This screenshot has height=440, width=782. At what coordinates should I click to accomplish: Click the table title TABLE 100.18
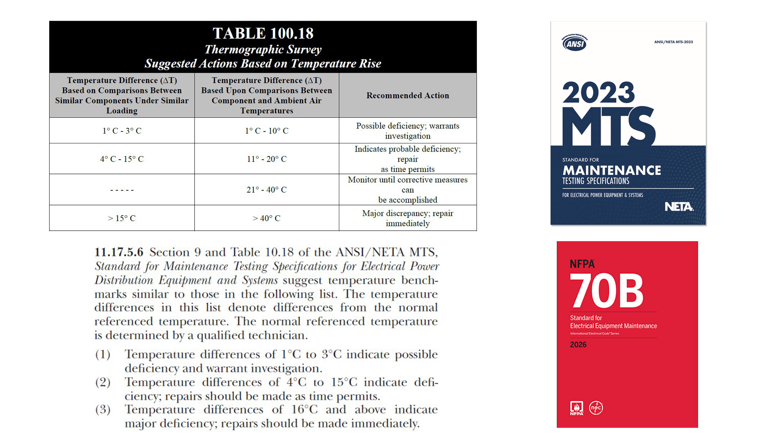coord(263,33)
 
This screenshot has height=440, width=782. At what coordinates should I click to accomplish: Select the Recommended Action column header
coord(407,95)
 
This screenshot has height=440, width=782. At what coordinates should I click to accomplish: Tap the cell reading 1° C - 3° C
coord(122,131)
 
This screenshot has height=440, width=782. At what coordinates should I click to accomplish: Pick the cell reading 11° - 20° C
coord(266,159)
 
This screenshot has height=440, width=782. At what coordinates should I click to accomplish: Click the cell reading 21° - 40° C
coord(266,190)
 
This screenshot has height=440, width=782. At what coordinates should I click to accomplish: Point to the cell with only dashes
coord(122,190)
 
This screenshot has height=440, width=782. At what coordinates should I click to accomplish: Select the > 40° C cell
coord(266,218)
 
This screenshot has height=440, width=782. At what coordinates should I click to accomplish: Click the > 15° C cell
coord(122,218)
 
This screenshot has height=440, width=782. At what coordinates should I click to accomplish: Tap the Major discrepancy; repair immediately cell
coord(407,218)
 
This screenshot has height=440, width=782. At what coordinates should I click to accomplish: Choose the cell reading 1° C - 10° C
coord(266,131)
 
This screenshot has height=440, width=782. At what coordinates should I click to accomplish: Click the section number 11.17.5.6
coord(119,252)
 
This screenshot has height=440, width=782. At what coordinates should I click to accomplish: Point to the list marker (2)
coord(103,382)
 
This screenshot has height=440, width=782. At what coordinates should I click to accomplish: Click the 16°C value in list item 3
coord(304,409)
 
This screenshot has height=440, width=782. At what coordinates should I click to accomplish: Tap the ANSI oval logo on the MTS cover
coord(575,43)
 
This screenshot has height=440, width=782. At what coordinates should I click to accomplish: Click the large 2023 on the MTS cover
coord(598,93)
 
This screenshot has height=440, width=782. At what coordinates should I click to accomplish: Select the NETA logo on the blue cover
coord(679,207)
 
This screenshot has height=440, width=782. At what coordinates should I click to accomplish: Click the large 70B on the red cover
coord(606,290)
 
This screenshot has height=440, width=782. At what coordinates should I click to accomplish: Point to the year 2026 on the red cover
coord(578,345)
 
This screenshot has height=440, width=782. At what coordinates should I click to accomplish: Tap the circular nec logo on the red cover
coord(596,407)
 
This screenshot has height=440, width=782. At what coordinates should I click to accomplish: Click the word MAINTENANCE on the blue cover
coord(611,170)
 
